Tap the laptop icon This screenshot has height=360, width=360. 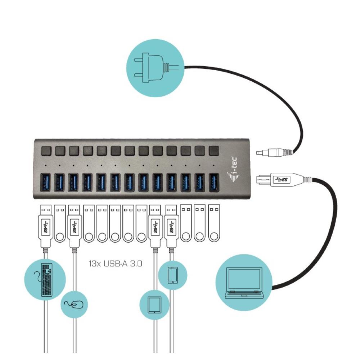(244, 283)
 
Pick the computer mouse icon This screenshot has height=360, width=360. (74, 305)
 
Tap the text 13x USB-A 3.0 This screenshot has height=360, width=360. (116, 264)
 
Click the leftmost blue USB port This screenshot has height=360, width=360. (45, 183)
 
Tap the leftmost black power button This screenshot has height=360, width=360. (46, 150)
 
